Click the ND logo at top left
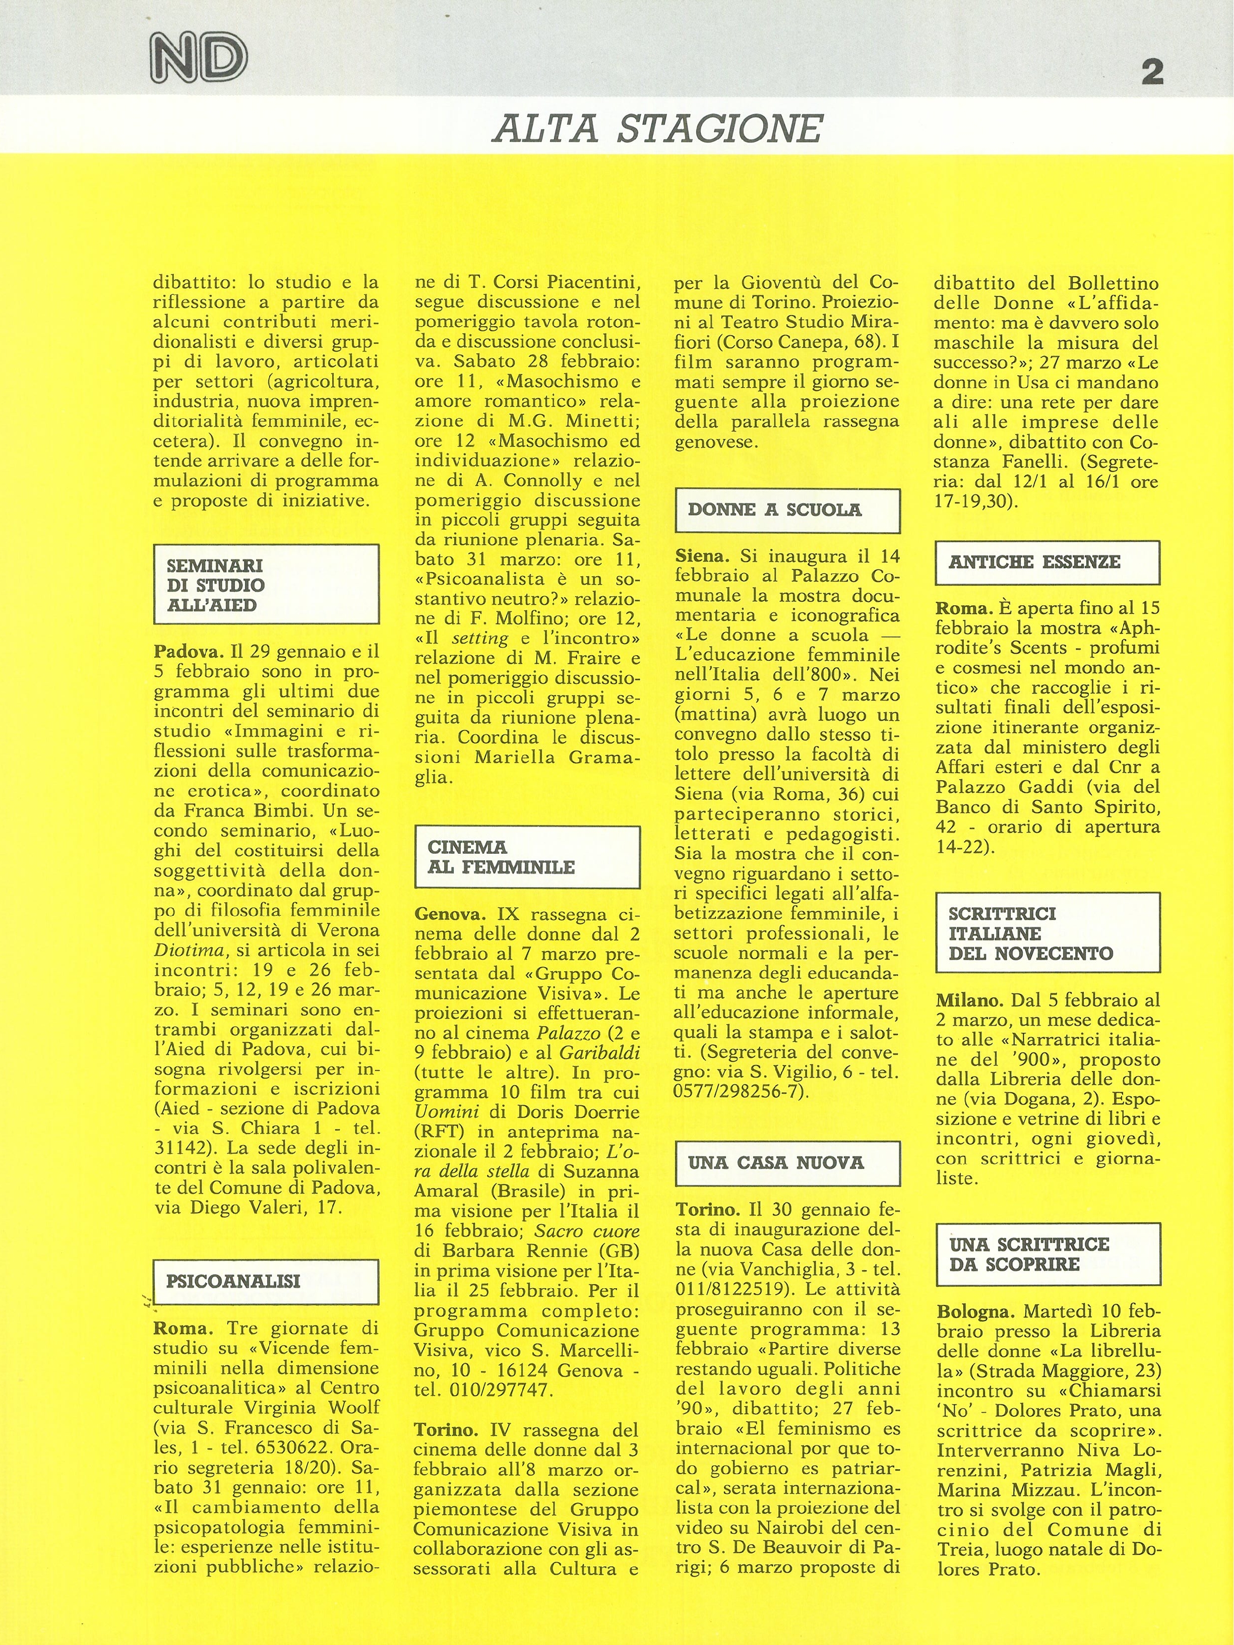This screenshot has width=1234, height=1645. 199,58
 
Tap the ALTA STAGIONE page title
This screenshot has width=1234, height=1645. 657,128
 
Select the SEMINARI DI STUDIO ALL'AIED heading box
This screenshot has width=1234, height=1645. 266,585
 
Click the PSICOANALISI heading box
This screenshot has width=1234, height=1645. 266,1281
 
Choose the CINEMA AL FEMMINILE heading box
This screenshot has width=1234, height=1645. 527,857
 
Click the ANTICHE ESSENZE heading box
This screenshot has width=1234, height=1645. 1047,562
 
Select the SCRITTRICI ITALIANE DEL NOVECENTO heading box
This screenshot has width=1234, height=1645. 1047,933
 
